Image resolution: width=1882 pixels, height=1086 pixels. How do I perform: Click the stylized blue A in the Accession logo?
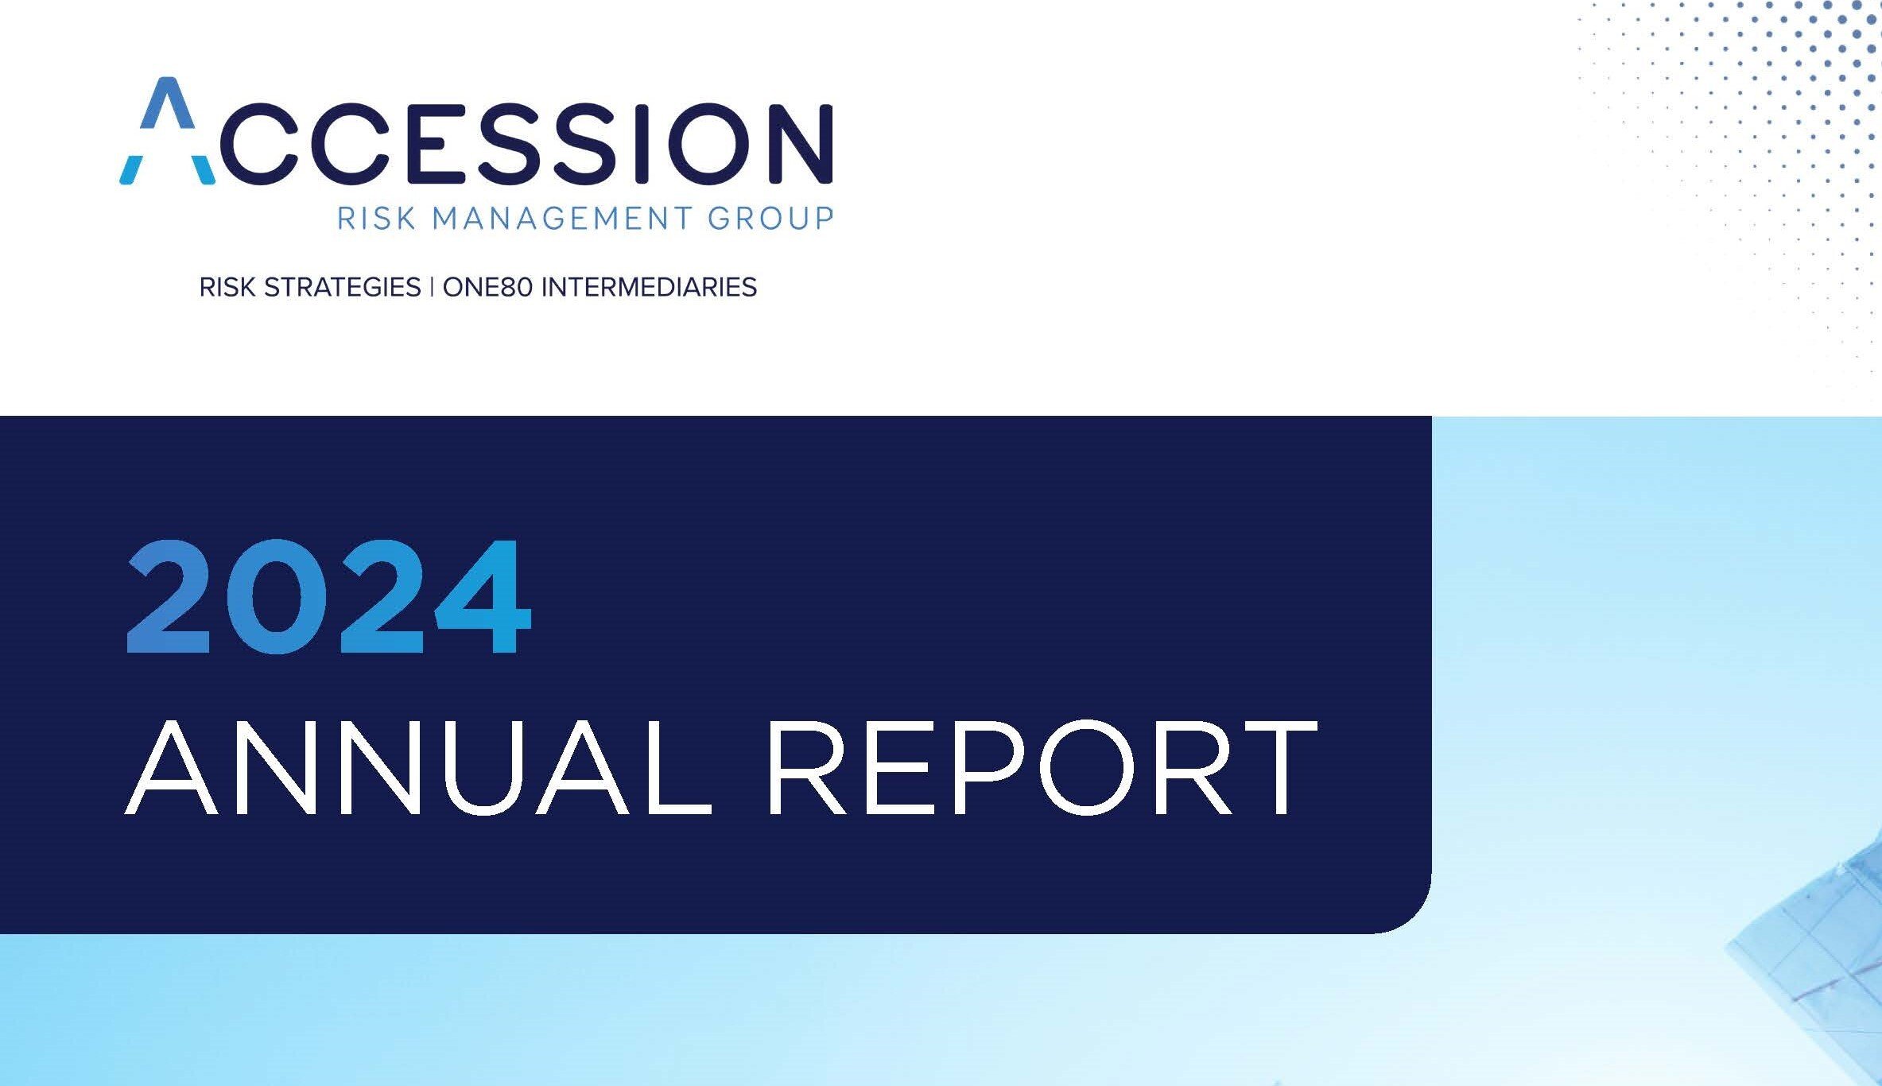point(168,131)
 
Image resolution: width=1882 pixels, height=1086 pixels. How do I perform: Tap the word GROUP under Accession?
point(770,217)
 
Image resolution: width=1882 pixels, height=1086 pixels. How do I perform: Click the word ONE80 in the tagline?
point(487,287)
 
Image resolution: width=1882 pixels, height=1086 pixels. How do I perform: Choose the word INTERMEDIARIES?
point(649,287)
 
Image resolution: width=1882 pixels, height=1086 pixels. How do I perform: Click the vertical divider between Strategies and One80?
point(432,287)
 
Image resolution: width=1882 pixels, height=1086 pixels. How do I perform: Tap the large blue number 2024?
point(328,596)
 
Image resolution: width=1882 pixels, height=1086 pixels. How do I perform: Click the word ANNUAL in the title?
point(417,769)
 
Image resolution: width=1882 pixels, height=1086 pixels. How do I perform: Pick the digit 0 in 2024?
point(277,596)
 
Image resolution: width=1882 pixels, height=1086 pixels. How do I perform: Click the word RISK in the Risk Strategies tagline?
point(227,287)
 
